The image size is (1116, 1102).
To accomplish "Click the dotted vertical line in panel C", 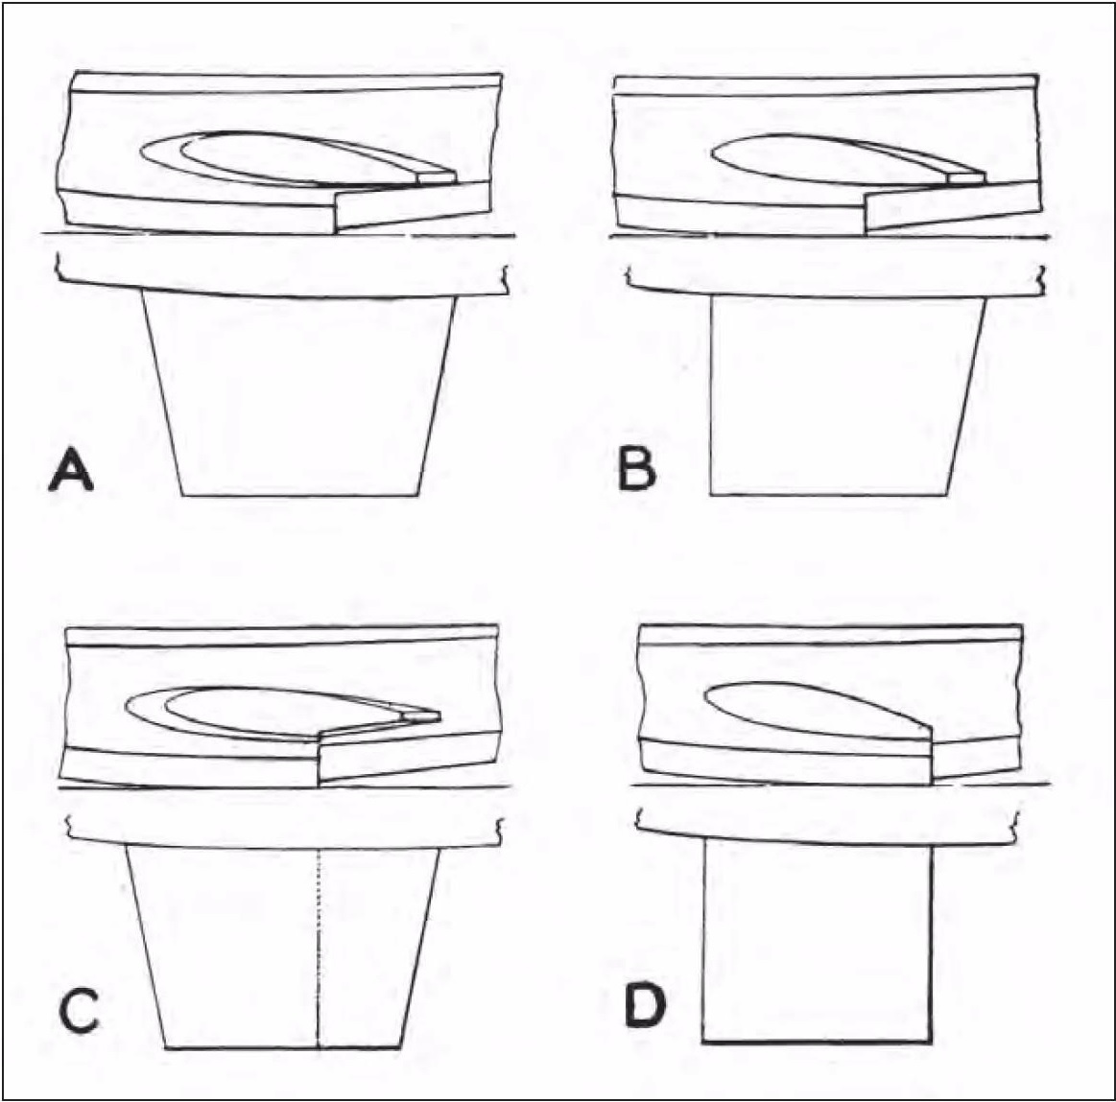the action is coord(320,949).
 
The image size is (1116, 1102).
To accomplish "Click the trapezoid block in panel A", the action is coord(299,395).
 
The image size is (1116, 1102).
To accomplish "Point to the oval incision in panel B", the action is coord(840,159).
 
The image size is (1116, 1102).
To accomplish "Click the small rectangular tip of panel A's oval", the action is coord(437,176).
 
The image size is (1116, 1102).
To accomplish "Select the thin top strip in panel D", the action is coord(831,635).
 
